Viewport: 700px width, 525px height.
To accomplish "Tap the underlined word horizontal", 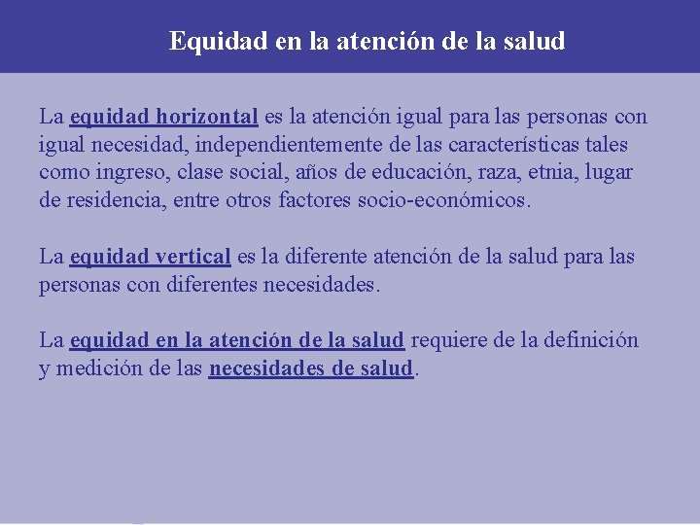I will coord(204,118).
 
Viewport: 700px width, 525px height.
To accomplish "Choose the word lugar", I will coord(612,173).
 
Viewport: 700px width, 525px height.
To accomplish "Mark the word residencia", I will coord(111,201).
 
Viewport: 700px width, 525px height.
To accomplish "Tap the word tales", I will coord(606,145).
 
